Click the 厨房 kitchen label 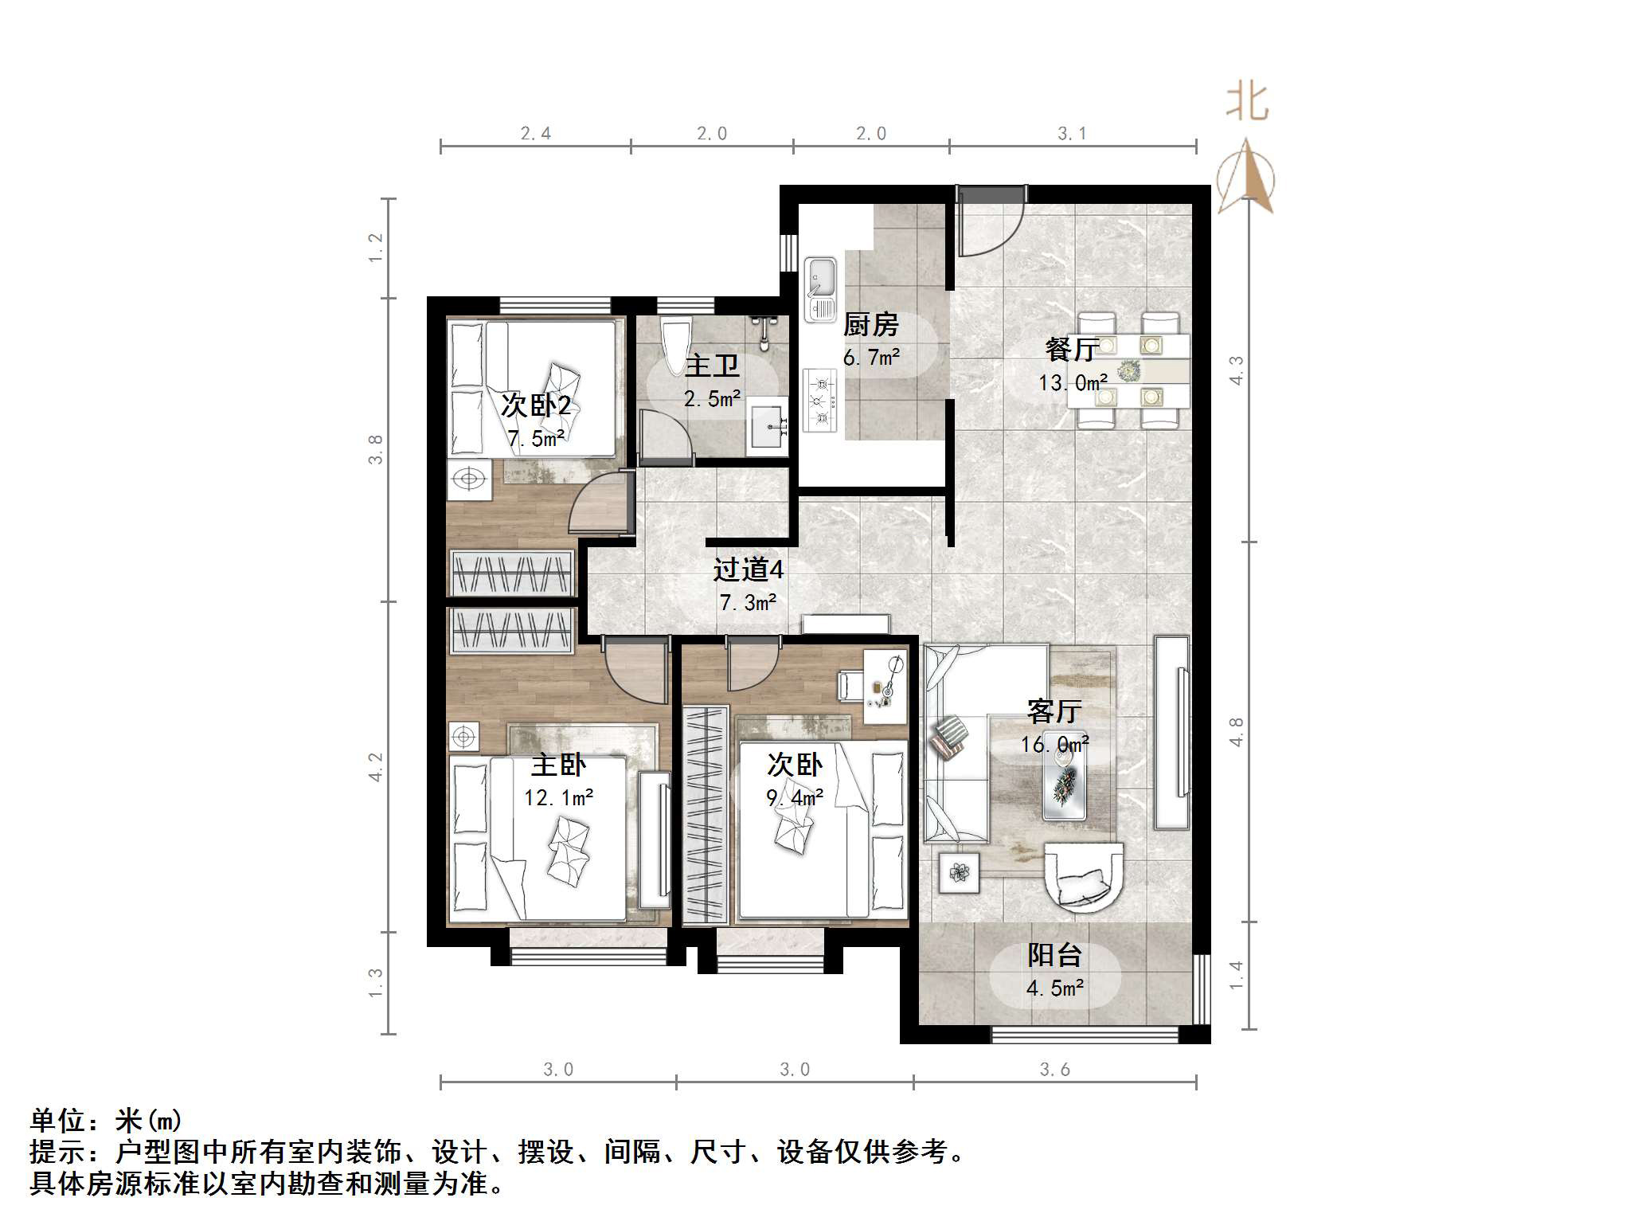click(x=870, y=324)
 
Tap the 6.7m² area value click(x=871, y=358)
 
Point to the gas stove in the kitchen click(x=820, y=399)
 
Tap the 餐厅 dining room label click(x=1072, y=349)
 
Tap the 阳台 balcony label click(x=1054, y=954)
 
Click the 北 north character click(x=1247, y=102)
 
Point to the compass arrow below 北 click(x=1246, y=177)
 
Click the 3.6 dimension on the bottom click(x=1054, y=1069)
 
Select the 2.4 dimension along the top click(x=535, y=133)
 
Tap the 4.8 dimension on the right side click(x=1235, y=731)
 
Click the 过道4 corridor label click(x=748, y=569)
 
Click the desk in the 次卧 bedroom click(x=885, y=687)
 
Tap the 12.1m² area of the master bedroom click(x=558, y=797)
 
